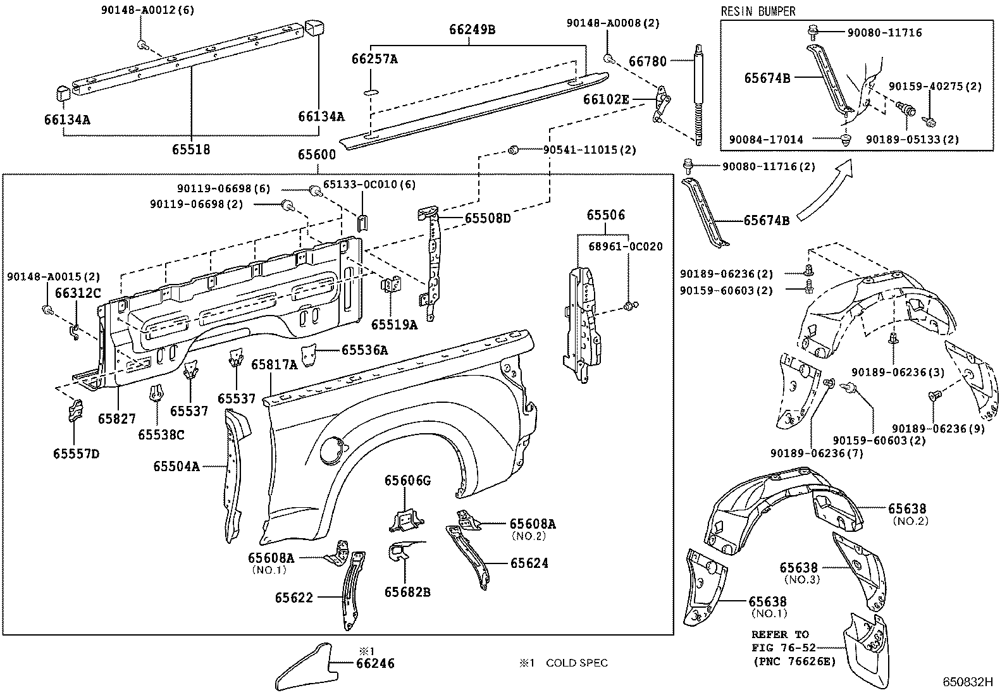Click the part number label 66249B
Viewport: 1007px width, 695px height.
coord(472,30)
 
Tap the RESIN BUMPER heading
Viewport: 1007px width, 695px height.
coord(758,11)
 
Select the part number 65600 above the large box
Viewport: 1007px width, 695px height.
coord(316,155)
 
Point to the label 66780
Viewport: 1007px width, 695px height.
coord(647,61)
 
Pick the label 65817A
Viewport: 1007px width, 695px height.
coord(275,365)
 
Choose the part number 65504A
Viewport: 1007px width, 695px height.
coord(176,466)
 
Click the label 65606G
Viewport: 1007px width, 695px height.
coord(407,481)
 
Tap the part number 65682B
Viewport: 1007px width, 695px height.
coord(407,592)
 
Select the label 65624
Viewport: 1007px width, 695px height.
coord(529,563)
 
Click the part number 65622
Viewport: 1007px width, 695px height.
coord(294,598)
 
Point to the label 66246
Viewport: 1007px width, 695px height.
coord(375,663)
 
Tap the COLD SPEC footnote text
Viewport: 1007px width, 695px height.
coord(577,663)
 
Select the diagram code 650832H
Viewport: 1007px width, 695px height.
coord(967,682)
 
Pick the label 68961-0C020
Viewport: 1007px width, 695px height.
coord(626,247)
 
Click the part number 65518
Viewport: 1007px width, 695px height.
coord(191,149)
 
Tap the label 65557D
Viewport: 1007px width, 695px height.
coord(76,453)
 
